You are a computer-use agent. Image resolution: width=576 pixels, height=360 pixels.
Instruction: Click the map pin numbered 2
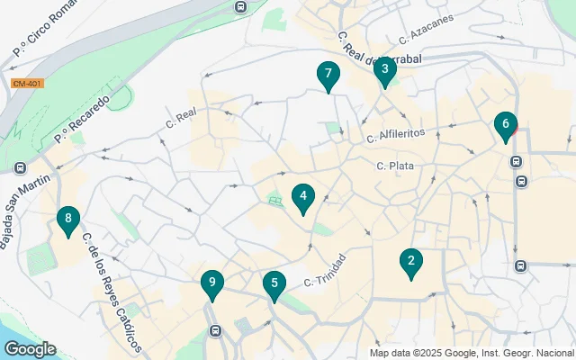[x=411, y=262]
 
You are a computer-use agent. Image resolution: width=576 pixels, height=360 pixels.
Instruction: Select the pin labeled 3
[x=384, y=69]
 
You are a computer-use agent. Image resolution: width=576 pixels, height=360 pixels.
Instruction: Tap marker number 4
[x=303, y=196]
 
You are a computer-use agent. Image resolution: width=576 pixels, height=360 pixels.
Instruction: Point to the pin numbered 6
[x=506, y=124]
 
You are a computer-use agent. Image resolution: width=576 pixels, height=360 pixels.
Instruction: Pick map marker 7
[x=328, y=75]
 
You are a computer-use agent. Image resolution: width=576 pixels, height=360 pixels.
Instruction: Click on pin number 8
[x=67, y=219]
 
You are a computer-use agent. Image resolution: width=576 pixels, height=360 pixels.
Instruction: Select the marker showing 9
[x=211, y=283]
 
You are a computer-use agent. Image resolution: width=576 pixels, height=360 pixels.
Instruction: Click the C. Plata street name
[x=393, y=166]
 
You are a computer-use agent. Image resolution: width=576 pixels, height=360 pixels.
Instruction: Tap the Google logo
[x=30, y=349]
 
